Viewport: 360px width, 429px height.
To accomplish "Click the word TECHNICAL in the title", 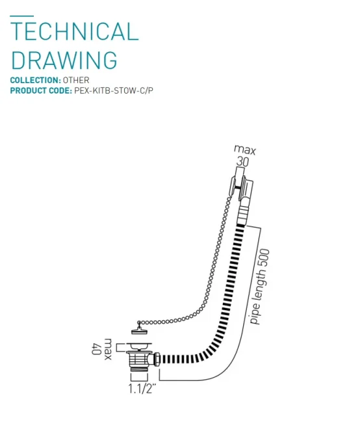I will (75, 32).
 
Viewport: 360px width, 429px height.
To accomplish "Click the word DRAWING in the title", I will (64, 60).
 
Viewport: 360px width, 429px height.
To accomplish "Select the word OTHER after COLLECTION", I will (76, 80).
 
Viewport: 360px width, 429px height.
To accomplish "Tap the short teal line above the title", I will (22, 16).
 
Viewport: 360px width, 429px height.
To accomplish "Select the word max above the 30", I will (245, 151).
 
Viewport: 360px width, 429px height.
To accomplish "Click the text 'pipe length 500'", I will (260, 288).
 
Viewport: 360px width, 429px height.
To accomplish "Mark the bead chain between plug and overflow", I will (195, 273).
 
